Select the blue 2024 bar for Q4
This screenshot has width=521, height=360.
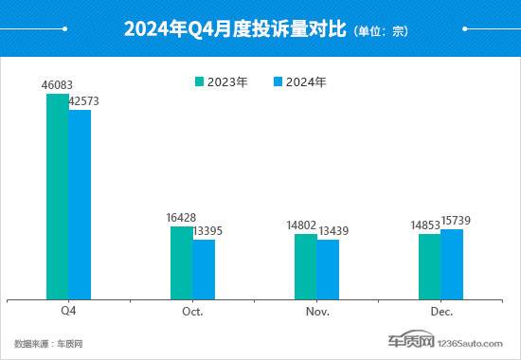tap(80, 204)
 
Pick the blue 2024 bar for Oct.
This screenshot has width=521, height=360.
tap(204, 268)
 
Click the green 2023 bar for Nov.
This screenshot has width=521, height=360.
tap(305, 265)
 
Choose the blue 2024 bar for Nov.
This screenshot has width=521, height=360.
tap(328, 268)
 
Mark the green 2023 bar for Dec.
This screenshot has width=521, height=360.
tap(429, 265)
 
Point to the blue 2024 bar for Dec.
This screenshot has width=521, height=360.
tap(452, 263)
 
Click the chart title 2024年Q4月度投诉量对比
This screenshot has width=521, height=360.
tap(236, 30)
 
